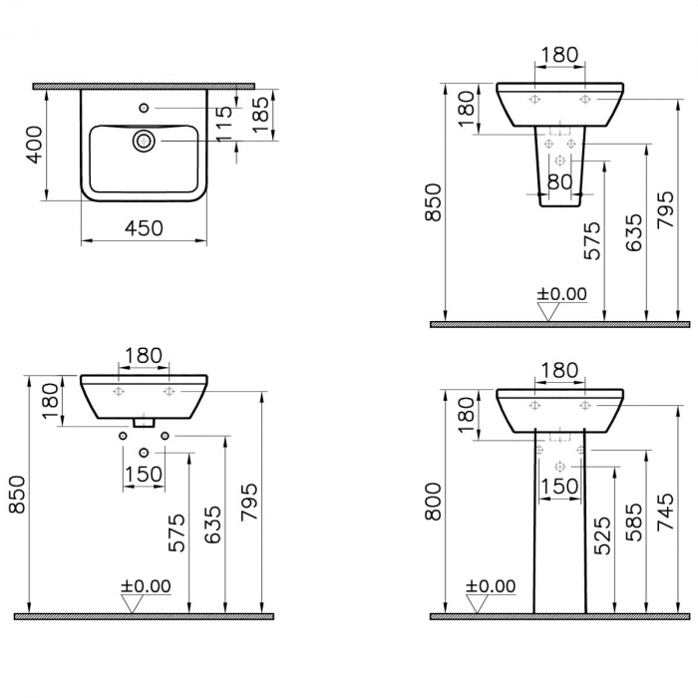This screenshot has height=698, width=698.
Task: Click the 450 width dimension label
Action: [144, 228]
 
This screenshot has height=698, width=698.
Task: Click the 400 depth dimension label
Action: [35, 145]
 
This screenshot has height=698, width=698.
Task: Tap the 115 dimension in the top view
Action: [226, 125]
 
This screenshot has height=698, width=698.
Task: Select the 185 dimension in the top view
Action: [261, 115]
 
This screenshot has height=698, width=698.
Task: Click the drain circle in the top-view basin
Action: [144, 141]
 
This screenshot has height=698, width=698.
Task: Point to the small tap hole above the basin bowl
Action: [144, 108]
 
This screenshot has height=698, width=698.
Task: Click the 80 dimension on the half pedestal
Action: [559, 181]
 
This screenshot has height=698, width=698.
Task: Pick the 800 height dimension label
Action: [433, 502]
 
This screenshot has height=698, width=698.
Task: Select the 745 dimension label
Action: [665, 512]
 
